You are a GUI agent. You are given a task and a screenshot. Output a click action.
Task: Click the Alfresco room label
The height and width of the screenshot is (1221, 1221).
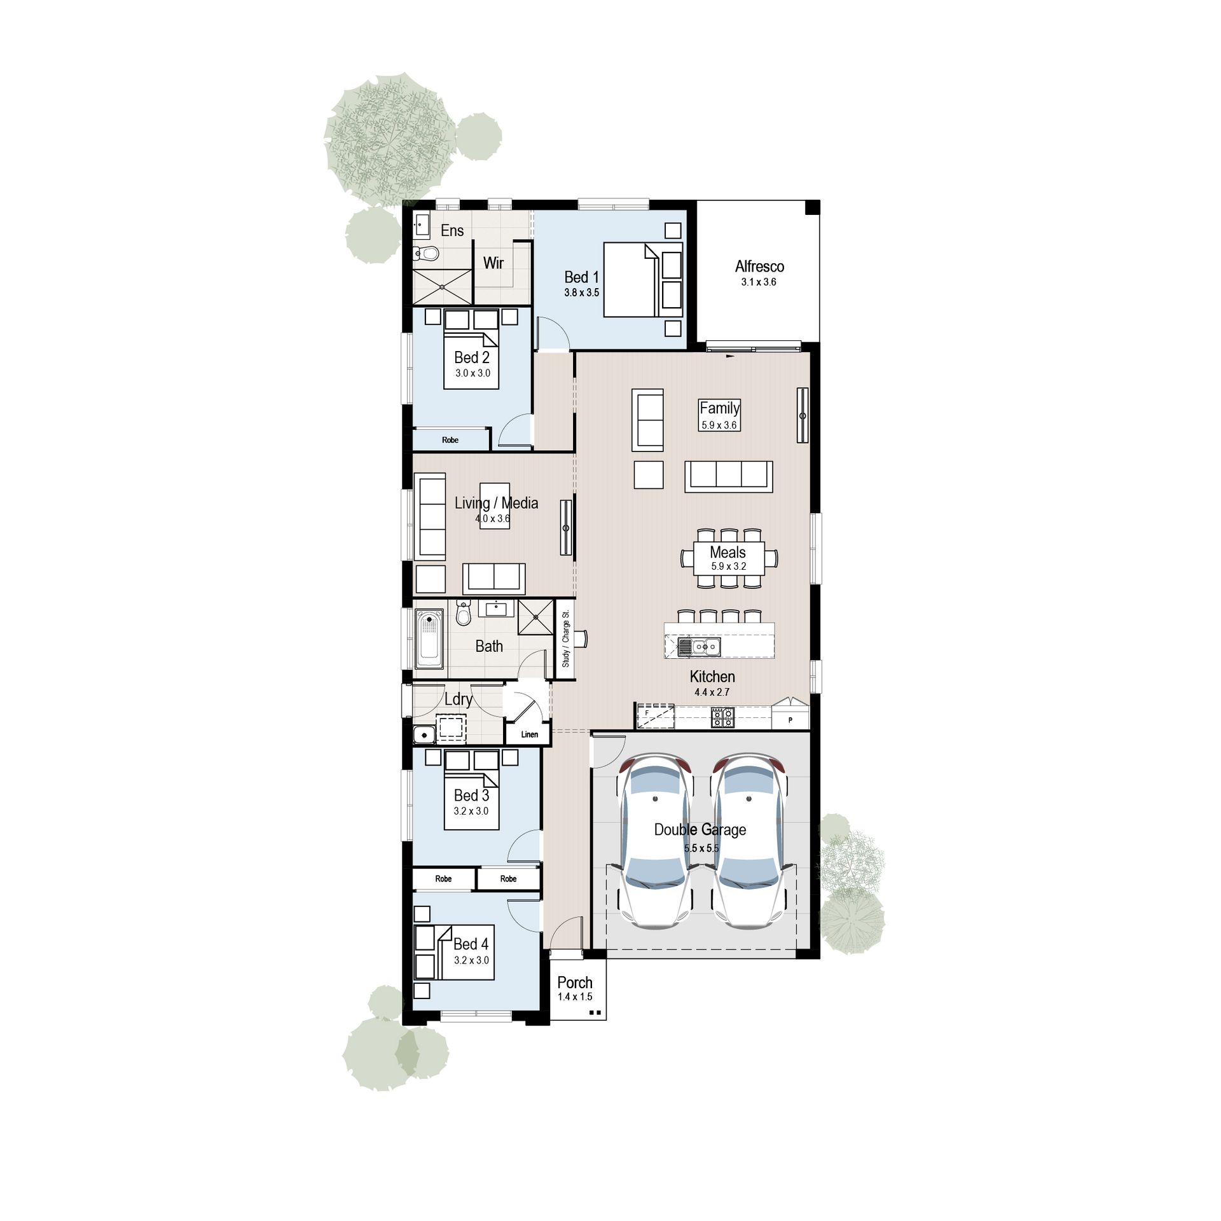[759, 266]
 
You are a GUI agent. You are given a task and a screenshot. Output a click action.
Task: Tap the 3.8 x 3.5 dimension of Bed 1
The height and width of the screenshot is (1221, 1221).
[581, 293]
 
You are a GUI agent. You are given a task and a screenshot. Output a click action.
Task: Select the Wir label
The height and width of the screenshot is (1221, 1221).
[493, 263]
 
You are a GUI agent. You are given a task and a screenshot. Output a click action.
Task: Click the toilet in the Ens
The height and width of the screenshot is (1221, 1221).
[427, 254]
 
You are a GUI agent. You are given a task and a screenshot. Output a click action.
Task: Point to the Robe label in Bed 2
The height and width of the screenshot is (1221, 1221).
[450, 440]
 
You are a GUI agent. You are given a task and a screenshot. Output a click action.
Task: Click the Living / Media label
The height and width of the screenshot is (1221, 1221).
[496, 503]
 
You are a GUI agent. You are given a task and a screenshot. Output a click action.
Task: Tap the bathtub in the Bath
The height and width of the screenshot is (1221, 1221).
[429, 638]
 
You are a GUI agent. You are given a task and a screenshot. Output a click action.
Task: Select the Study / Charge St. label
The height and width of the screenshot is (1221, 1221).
[565, 639]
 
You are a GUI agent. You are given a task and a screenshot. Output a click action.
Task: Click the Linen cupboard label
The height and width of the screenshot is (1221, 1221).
[529, 735]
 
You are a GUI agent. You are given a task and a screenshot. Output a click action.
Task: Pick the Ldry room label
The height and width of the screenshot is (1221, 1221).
[458, 700]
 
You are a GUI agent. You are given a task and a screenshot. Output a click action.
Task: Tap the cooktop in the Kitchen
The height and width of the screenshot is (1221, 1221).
[722, 718]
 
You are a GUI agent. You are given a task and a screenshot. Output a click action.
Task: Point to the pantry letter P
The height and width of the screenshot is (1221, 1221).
[790, 720]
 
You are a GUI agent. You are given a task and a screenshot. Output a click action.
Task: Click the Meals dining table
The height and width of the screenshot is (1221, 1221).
[729, 558]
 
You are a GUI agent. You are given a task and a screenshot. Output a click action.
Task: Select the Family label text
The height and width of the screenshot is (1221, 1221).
[719, 408]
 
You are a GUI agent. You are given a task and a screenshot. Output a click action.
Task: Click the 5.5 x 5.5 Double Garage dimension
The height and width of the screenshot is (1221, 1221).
[701, 848]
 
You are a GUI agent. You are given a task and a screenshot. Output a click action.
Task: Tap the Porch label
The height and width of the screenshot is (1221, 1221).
[575, 983]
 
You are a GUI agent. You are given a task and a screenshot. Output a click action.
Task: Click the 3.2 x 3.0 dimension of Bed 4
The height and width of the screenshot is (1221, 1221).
[471, 960]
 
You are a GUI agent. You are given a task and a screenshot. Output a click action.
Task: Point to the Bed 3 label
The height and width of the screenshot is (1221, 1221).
[471, 796]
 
